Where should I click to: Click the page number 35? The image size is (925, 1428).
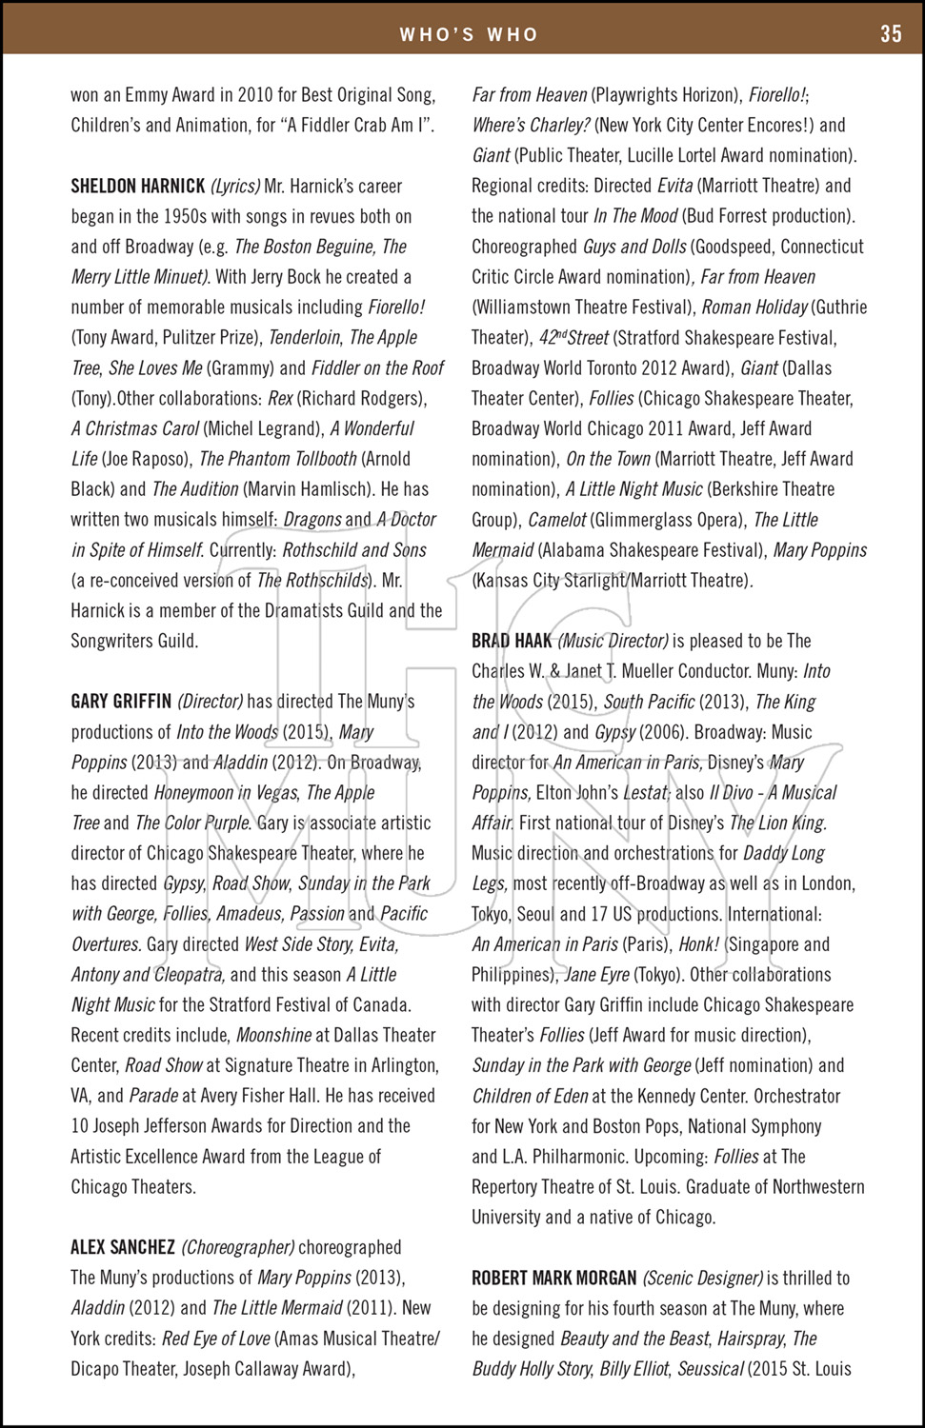pyautogui.click(x=890, y=34)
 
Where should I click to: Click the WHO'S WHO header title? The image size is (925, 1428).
pyautogui.click(x=469, y=35)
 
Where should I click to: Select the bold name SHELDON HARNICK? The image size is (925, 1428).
pyautogui.click(x=138, y=187)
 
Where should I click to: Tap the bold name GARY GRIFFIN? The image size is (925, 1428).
pyautogui.click(x=121, y=702)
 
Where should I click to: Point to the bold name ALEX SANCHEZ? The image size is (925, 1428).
pyautogui.click(x=123, y=1247)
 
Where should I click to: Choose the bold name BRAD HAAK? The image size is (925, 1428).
pyautogui.click(x=512, y=641)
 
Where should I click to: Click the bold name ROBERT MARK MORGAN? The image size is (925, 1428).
pyautogui.click(x=554, y=1278)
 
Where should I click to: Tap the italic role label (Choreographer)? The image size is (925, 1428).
pyautogui.click(x=238, y=1247)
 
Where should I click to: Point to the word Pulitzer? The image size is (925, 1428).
pyautogui.click(x=178, y=338)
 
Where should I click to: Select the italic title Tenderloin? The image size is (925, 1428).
pyautogui.click(x=304, y=338)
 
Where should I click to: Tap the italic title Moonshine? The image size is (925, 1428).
pyautogui.click(x=273, y=1035)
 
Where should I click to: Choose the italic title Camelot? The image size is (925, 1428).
pyautogui.click(x=557, y=520)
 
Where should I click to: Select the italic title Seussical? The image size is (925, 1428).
pyautogui.click(x=710, y=1369)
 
